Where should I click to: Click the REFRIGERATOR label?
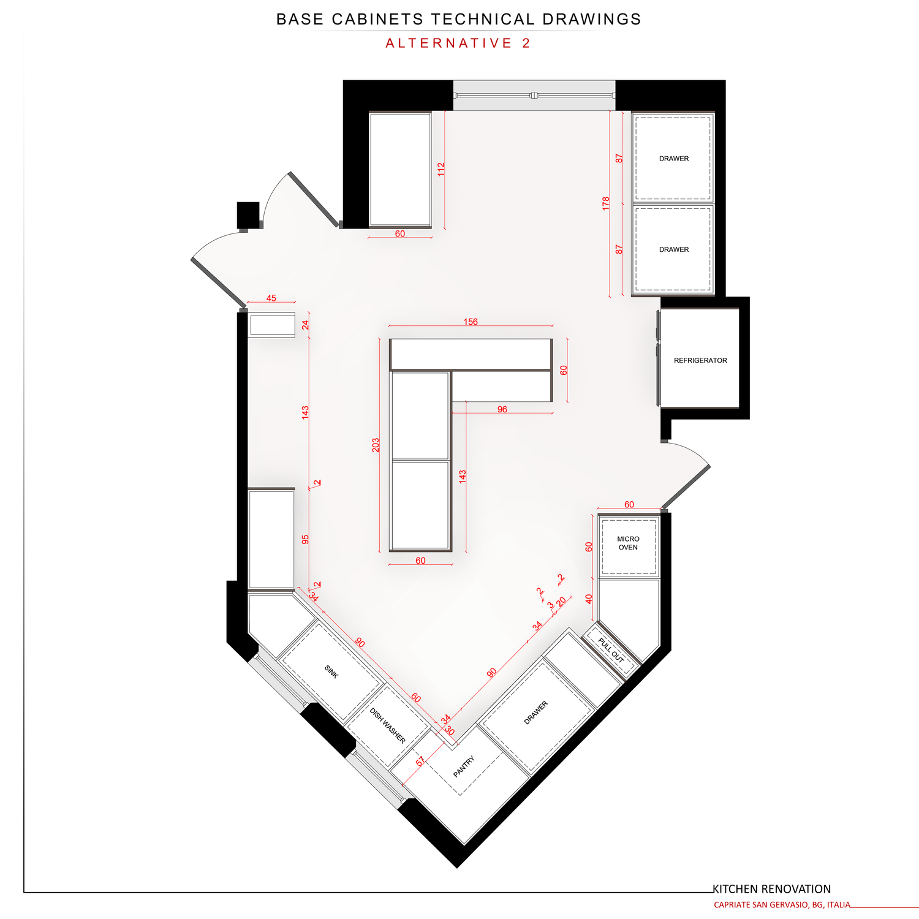tap(700, 361)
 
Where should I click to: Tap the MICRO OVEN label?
tap(628, 543)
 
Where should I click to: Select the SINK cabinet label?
tap(331, 672)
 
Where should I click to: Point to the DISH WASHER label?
tap(387, 726)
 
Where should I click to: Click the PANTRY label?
tap(464, 767)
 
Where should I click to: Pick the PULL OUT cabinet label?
tap(610, 651)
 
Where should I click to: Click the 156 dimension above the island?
tap(471, 322)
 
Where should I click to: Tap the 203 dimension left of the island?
tap(376, 445)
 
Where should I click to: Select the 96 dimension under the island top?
tap(502, 409)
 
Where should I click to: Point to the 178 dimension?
tap(606, 203)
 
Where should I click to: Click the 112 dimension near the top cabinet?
tap(441, 169)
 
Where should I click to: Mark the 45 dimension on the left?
tap(271, 298)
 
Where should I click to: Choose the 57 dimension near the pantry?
tap(420, 762)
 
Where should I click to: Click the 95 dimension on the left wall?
tap(305, 539)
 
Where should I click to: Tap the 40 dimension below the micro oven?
tap(589, 599)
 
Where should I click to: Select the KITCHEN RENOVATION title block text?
tap(771, 889)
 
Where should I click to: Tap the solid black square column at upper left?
tap(249, 215)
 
